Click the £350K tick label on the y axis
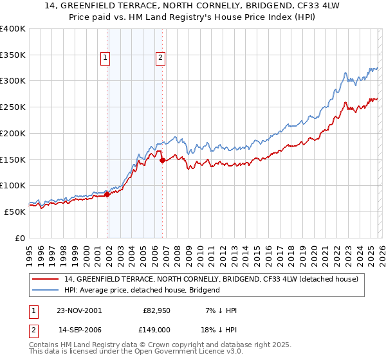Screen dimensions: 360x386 pos(13,55)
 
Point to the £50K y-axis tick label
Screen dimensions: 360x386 pos(15,212)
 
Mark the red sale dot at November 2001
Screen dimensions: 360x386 pos(107,195)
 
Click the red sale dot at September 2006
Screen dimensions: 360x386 pos(162,160)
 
